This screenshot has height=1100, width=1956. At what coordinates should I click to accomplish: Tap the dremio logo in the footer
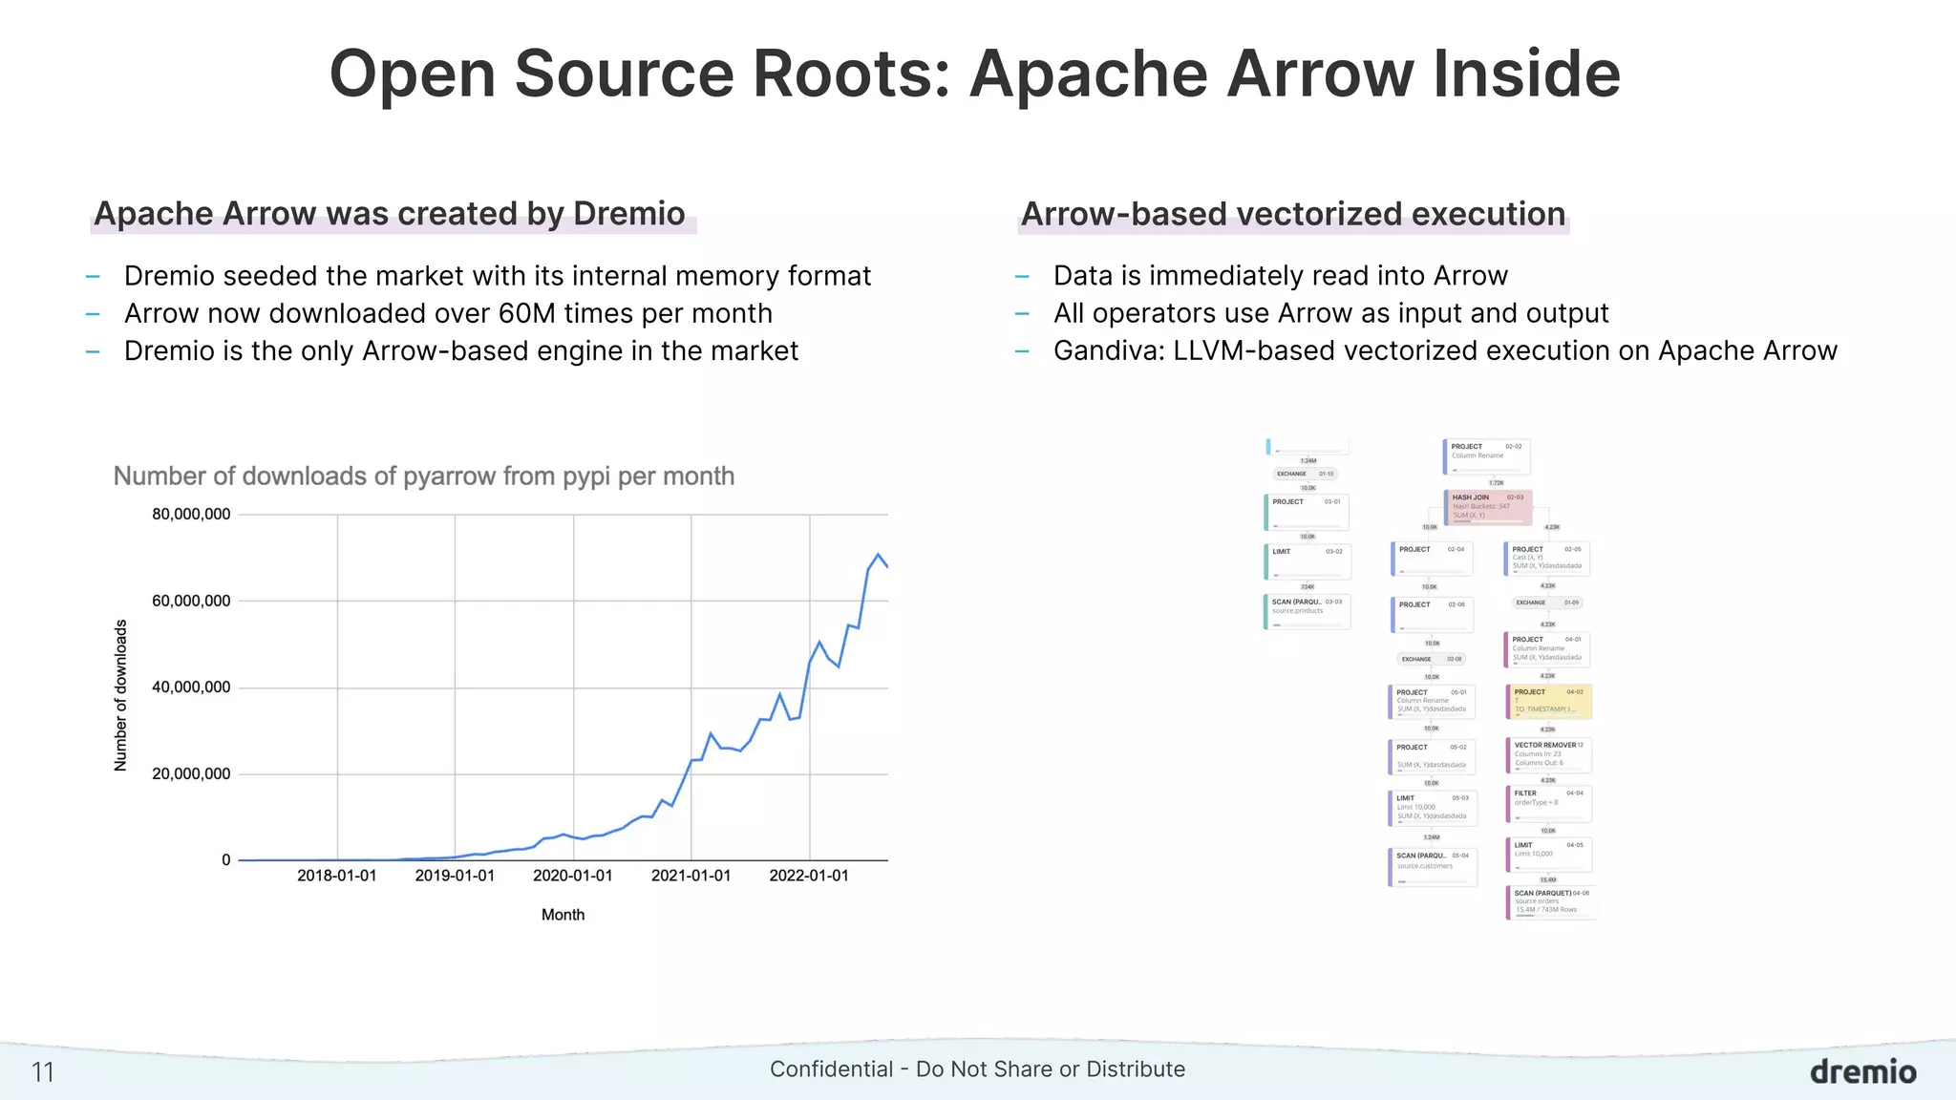click(1862, 1071)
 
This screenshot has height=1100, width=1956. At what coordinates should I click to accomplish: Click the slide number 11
click(43, 1072)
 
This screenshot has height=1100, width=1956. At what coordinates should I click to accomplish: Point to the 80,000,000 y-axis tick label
click(191, 515)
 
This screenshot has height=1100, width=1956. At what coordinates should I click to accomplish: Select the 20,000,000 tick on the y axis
click(191, 774)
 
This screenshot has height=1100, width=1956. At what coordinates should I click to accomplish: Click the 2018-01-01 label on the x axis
click(336, 876)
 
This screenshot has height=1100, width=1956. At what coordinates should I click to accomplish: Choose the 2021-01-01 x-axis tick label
click(691, 876)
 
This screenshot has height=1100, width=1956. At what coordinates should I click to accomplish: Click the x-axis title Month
click(563, 915)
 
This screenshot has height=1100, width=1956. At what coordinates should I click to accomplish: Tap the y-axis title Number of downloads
click(120, 695)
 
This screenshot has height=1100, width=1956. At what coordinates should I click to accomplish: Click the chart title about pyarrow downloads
click(424, 476)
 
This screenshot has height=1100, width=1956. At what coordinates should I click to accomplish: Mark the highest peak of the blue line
click(878, 555)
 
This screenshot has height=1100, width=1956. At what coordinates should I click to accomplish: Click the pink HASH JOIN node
click(1487, 507)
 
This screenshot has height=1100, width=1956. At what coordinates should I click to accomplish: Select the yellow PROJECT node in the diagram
click(1548, 702)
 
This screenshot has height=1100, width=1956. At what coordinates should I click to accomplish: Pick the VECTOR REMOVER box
click(1548, 755)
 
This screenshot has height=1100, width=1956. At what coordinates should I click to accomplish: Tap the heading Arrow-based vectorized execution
click(1293, 214)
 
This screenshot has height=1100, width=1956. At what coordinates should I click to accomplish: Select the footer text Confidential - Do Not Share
click(977, 1069)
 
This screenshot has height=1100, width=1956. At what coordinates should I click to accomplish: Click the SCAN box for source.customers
click(1432, 866)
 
